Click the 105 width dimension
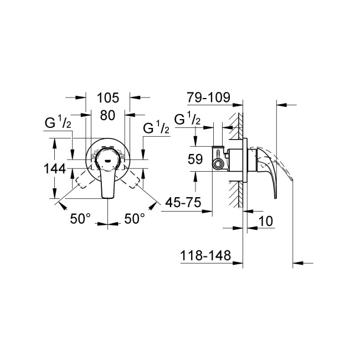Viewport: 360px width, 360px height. click(x=108, y=99)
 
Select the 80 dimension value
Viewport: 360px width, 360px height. click(x=108, y=116)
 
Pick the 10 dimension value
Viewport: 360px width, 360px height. click(x=266, y=220)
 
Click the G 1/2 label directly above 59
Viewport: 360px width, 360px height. click(x=186, y=120)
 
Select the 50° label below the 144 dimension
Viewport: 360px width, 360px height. click(x=80, y=219)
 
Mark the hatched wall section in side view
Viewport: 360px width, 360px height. click(x=239, y=161)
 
